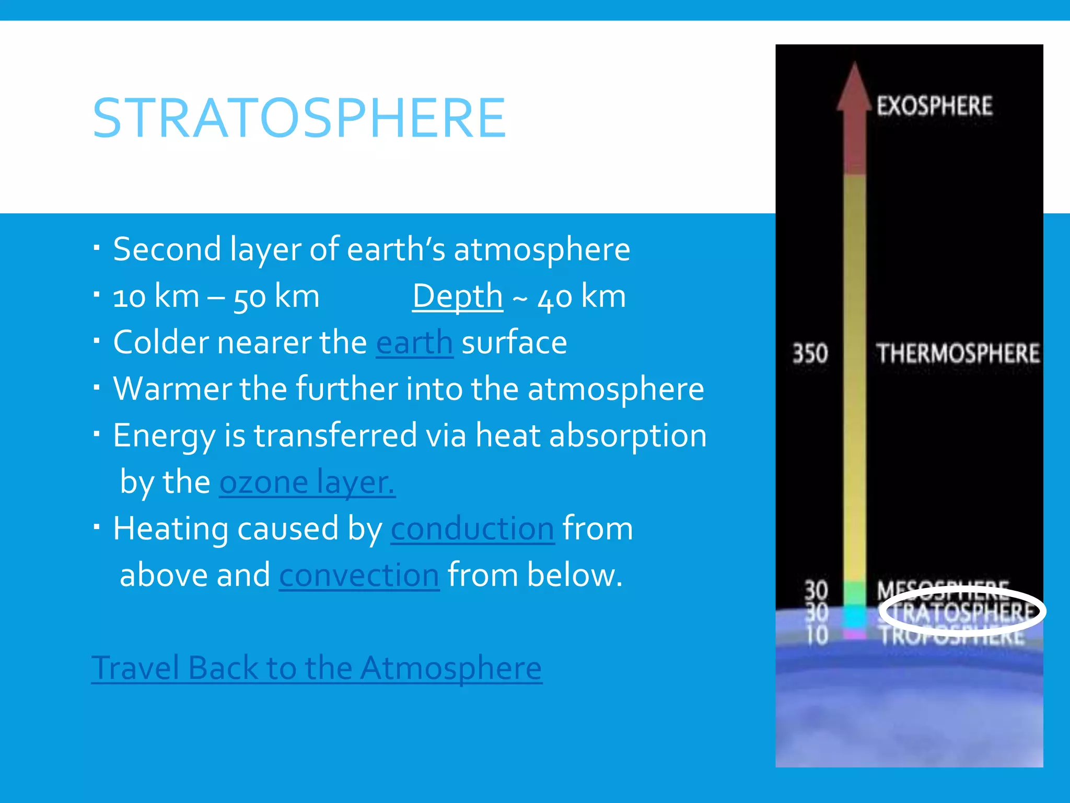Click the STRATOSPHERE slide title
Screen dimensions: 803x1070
coord(299,119)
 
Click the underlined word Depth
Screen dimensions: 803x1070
coord(457,296)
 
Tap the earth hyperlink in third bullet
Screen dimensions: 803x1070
coord(414,343)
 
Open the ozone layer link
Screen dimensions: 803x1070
coord(307,482)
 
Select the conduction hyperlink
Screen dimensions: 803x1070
coord(472,529)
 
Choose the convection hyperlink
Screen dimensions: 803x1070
coord(359,575)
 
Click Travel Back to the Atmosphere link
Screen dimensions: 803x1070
coord(317,668)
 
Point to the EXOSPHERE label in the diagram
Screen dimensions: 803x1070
coord(934,106)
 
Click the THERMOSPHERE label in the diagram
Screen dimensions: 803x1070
coord(957,353)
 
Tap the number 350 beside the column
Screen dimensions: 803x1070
coord(810,353)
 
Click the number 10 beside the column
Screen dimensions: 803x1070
coord(816,635)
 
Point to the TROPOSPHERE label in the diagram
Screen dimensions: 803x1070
coord(951,637)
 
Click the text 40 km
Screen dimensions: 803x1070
coord(581,296)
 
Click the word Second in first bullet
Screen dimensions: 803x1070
coord(167,249)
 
